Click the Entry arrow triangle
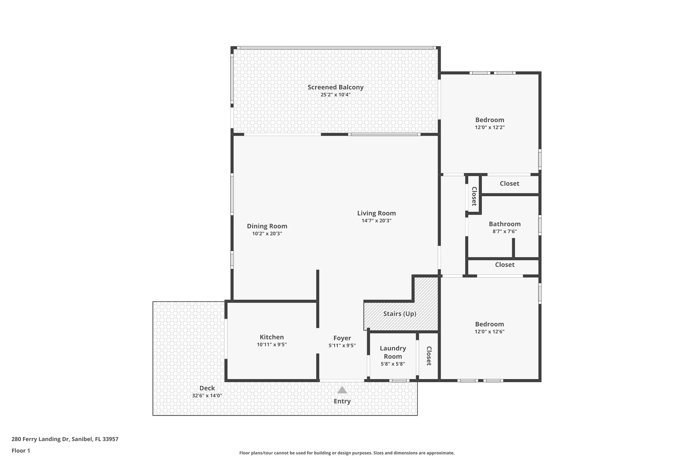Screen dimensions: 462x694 342,390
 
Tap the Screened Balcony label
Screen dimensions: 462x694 335,87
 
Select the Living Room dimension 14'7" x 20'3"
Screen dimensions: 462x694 376,221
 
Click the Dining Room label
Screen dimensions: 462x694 267,226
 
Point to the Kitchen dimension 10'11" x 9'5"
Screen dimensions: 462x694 272,345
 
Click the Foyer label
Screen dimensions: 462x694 342,338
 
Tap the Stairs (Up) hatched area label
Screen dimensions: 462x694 400,314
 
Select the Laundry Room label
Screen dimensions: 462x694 393,352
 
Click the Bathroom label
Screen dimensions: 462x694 505,224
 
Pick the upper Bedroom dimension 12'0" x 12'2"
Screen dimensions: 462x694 490,128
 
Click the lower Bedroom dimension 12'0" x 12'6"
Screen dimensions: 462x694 489,332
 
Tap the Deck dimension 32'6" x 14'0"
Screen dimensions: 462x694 207,395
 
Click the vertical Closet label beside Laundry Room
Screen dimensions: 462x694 429,356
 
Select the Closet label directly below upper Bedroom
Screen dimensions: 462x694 509,183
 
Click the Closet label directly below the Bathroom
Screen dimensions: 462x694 505,265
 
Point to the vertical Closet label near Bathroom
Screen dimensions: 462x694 474,196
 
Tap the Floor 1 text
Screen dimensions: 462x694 21,450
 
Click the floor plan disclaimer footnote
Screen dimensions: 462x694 347,453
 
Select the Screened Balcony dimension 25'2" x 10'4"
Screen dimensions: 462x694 335,95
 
